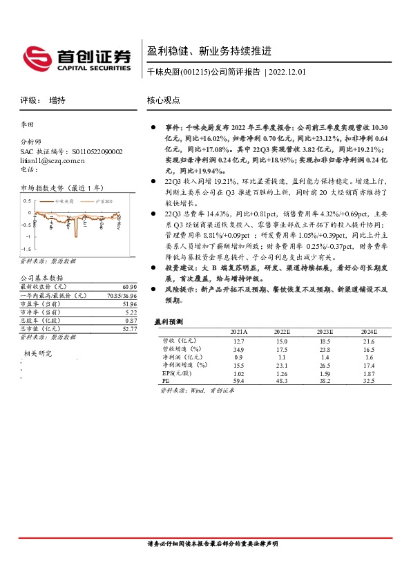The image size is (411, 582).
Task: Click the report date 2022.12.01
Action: click(287, 71)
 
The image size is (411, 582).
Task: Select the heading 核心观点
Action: click(164, 100)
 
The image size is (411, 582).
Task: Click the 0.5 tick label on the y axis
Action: click(28, 200)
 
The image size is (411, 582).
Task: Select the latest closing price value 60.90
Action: click(128, 287)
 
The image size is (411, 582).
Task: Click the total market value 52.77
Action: click(128, 329)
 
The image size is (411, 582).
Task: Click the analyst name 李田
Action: click(27, 125)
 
